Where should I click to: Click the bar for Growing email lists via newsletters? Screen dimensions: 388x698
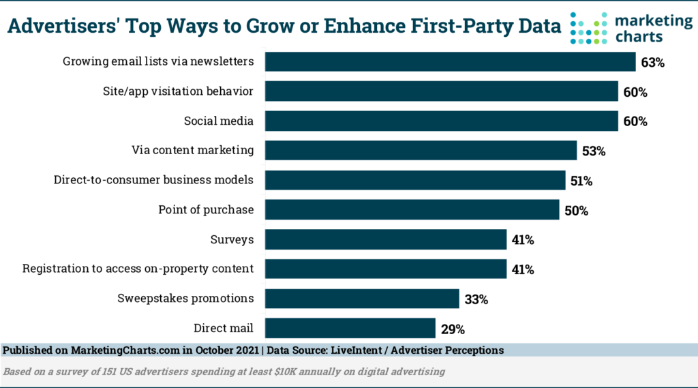pyautogui.click(x=450, y=62)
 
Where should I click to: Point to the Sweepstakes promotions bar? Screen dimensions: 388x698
pyautogui.click(x=362, y=299)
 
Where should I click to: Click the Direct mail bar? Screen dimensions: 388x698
pyautogui.click(x=350, y=328)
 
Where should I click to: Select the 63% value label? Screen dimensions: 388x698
pyautogui.click(x=652, y=63)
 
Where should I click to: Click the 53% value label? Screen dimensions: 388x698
pyautogui.click(x=594, y=151)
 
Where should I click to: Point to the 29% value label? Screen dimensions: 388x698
pyautogui.click(x=453, y=329)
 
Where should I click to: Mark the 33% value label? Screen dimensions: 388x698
pyautogui.click(x=476, y=299)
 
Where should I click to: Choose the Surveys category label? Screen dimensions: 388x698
pyautogui.click(x=232, y=239)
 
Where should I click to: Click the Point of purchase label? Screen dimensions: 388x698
pyautogui.click(x=205, y=210)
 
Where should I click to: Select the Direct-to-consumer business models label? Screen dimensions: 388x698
pyautogui.click(x=153, y=180)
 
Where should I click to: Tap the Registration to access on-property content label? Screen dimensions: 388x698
pyautogui.click(x=138, y=269)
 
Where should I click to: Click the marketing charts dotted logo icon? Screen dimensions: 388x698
pyautogui.click(x=588, y=29)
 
